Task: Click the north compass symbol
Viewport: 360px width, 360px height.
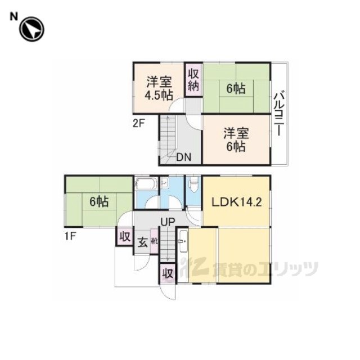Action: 31,29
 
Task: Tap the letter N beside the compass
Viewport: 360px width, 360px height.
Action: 13,16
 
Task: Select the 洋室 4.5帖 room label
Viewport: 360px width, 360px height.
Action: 159,88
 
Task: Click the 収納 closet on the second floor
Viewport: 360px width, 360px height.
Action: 193,80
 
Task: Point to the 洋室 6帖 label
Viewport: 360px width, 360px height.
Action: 236,140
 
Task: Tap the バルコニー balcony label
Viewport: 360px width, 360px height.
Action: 279,114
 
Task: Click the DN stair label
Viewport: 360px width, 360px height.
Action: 184,157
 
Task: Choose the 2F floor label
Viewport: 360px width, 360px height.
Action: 139,124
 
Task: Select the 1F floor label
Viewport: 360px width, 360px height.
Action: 70,236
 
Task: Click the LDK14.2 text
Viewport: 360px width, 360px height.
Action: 236,202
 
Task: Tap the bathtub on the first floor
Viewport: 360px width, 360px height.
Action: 146,184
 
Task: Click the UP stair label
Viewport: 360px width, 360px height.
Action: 168,222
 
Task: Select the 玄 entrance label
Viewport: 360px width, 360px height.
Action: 142,242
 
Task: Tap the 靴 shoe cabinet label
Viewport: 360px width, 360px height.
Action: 154,241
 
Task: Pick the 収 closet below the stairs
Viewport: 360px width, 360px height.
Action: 168,273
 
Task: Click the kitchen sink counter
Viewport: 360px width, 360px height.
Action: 183,241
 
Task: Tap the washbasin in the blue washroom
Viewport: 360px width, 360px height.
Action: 164,183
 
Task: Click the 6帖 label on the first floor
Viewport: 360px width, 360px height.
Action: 99,202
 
